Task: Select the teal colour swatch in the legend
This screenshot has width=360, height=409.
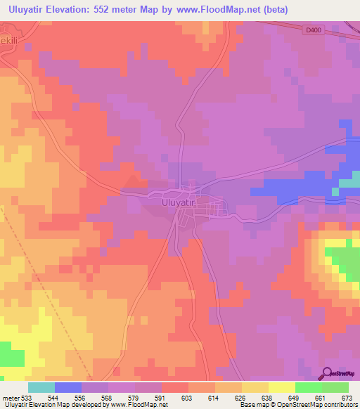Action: click(41, 387)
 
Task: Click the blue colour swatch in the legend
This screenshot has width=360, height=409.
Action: click(68, 387)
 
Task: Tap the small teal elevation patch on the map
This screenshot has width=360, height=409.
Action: click(349, 185)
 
